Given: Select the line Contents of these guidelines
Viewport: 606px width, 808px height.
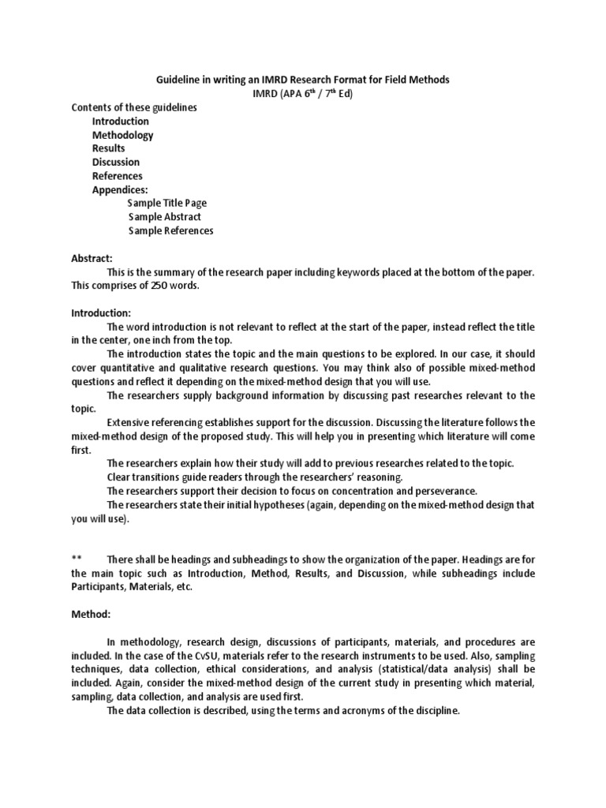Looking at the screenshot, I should (x=134, y=107).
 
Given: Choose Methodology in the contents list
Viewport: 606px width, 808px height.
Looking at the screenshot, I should (x=122, y=135).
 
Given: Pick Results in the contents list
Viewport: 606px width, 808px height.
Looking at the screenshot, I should (x=108, y=148).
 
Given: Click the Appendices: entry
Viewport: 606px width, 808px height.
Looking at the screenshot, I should (x=120, y=189).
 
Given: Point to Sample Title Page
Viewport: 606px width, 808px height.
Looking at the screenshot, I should (x=167, y=203).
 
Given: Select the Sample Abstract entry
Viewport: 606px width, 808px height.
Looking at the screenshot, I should (x=164, y=216).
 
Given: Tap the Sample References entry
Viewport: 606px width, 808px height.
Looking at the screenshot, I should (x=170, y=230).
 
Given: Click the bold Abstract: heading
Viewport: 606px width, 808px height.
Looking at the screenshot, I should (x=92, y=258).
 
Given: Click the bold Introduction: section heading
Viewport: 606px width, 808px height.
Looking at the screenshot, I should (x=101, y=313).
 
